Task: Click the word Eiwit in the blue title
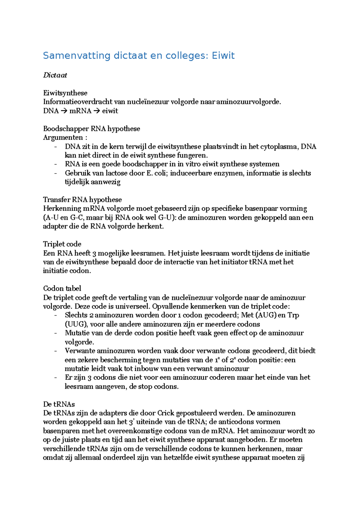[223, 56]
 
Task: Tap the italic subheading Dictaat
[55, 75]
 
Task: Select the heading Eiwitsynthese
[65, 93]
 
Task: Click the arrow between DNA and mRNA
[64, 111]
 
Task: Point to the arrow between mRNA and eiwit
[96, 111]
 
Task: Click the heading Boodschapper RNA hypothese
[91, 129]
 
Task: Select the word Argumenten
[63, 138]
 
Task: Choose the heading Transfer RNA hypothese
[82, 200]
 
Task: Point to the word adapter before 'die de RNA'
[55, 226]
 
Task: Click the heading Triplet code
[62, 244]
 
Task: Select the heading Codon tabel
[62, 288]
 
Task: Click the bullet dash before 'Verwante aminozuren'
[55, 351]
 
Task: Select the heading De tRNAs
[59, 404]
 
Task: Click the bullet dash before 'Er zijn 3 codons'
[55, 377]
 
